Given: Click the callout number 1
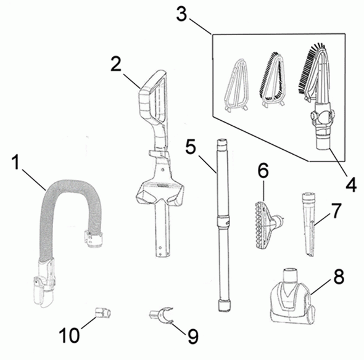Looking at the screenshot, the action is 16,163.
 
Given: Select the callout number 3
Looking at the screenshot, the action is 181,14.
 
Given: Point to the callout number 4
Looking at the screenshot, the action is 351,185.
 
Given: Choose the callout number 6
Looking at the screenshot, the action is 263,171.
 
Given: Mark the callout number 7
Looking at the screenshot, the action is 336,211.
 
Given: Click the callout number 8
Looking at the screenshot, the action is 339,277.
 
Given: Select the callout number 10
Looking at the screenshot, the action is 69,335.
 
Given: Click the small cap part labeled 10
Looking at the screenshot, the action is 103,313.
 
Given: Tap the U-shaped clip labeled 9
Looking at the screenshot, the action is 162,314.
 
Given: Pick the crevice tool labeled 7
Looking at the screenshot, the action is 308,224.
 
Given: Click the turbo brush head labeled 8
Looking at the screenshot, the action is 293,297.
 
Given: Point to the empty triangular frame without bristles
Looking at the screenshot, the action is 236,84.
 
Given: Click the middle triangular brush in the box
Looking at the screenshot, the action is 272,79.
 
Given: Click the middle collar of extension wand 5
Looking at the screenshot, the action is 223,220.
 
